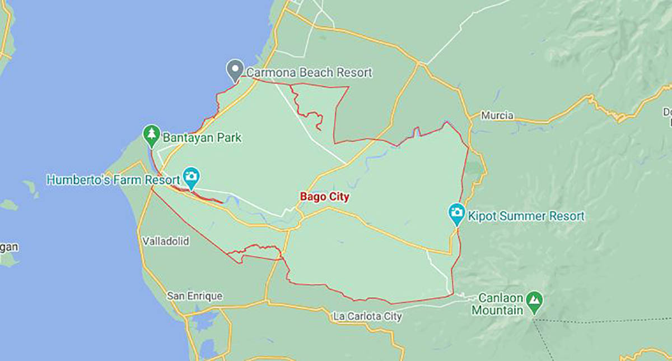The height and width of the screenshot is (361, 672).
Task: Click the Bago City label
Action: (324, 197)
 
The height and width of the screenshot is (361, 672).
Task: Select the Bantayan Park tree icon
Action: (151, 135)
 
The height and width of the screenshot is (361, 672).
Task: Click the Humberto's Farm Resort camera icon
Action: (192, 178)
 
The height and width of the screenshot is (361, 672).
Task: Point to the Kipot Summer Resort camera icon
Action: (457, 214)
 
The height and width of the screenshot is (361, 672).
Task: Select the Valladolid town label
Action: (166, 242)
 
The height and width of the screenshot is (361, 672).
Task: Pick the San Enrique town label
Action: (194, 295)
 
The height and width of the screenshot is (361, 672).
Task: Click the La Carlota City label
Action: (367, 317)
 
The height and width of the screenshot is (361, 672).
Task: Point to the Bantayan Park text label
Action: (202, 137)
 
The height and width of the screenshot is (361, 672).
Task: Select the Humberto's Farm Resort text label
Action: (113, 180)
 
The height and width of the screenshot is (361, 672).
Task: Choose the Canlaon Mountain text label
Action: (498, 304)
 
